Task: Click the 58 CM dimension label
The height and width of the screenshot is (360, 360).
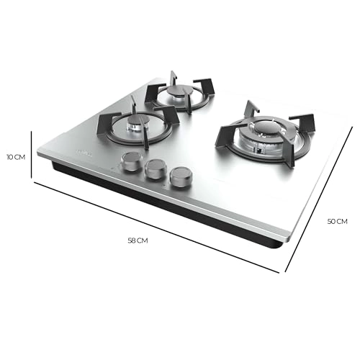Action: click(137, 240)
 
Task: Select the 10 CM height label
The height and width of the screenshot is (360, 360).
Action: click(16, 156)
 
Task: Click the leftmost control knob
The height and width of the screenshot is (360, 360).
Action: click(130, 162)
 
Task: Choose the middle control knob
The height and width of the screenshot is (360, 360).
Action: click(155, 170)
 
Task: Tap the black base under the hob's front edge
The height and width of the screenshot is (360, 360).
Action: click(166, 205)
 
